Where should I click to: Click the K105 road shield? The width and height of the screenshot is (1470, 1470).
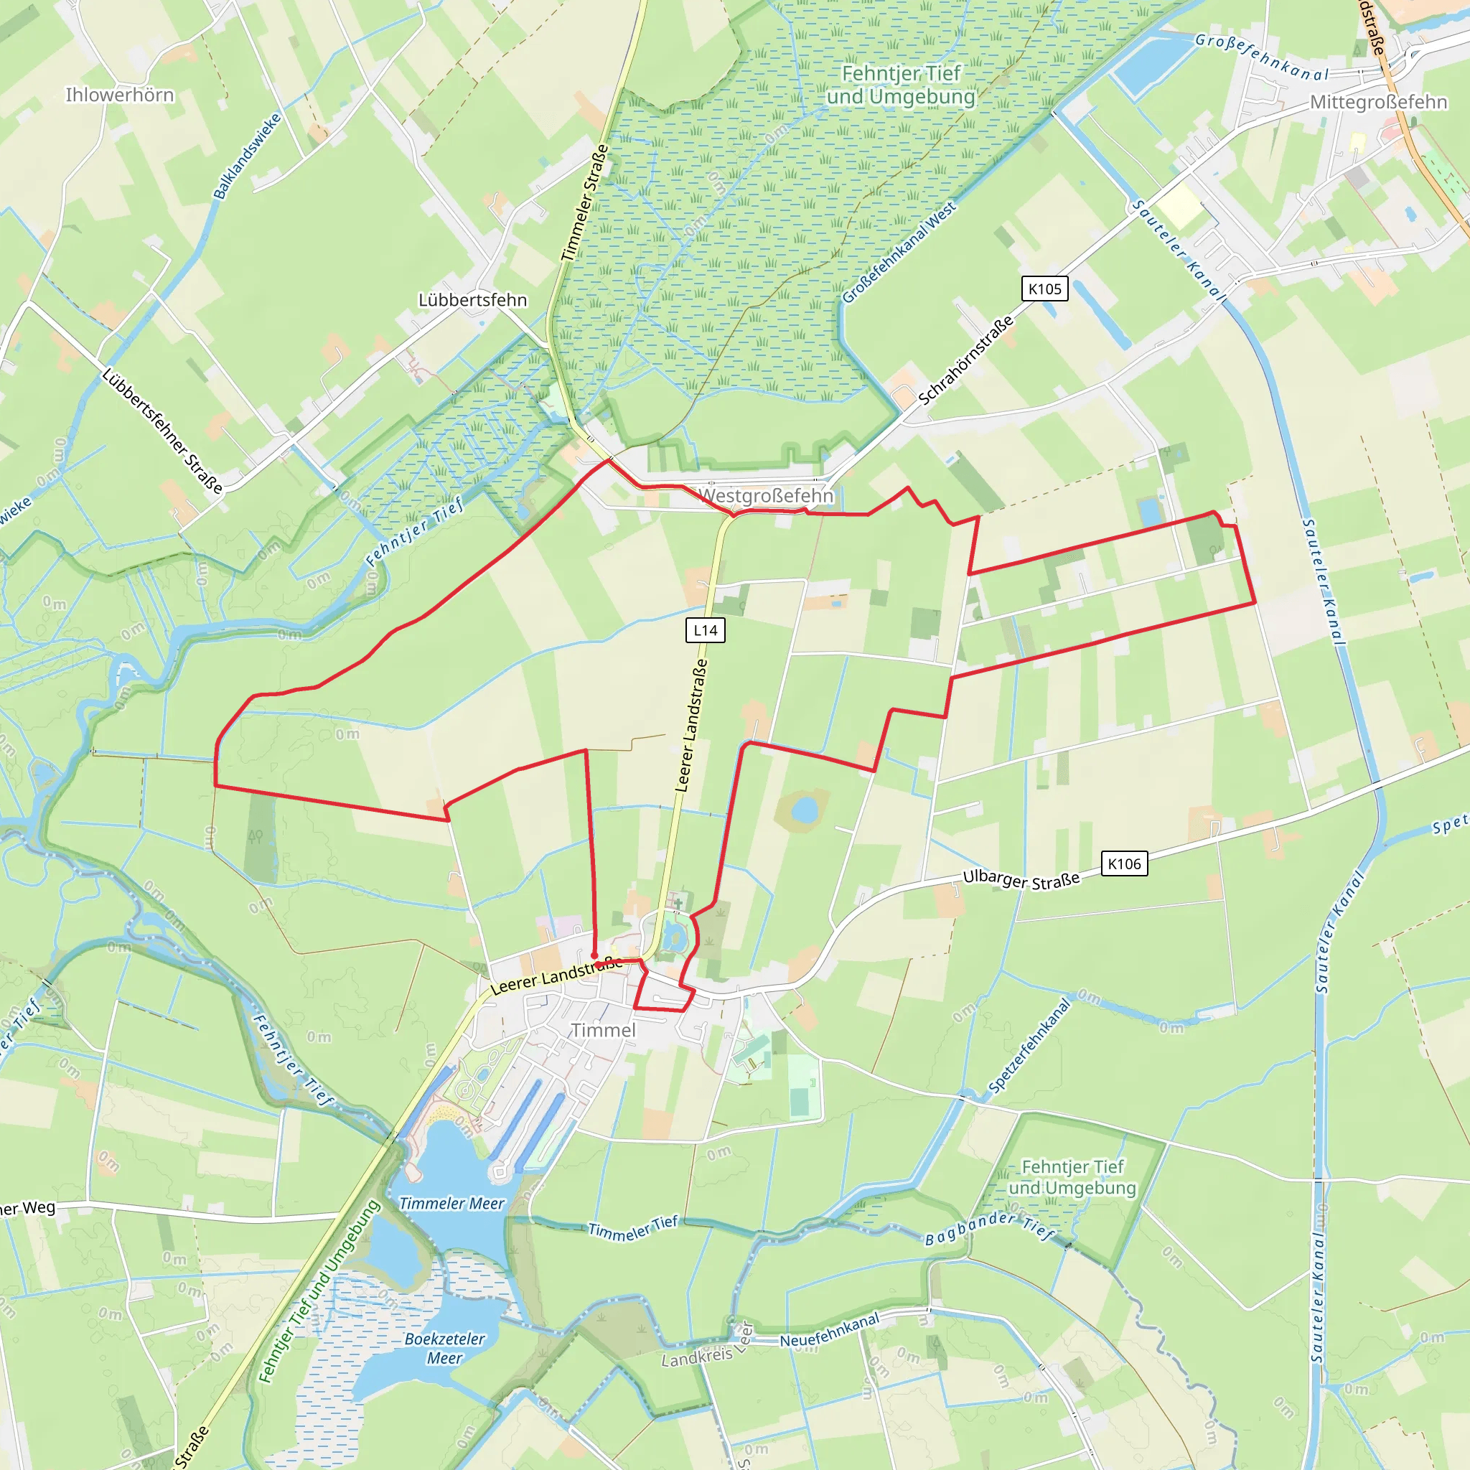1044,289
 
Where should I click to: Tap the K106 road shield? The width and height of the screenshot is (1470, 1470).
1124,863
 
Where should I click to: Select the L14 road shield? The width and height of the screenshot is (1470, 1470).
706,630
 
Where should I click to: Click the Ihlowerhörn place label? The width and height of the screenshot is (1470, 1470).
119,95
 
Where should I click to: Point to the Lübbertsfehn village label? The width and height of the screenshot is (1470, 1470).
472,300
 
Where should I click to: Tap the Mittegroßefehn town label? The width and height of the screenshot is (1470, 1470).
1378,102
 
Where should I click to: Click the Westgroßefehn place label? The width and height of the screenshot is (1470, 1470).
765,495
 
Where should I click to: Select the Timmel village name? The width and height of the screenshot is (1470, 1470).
603,1030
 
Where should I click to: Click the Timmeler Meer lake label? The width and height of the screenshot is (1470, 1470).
452,1203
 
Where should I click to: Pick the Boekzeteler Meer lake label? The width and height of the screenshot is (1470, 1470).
444,1348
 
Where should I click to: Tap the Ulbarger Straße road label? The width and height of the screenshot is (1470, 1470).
1021,879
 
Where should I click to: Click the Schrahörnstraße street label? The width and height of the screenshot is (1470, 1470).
965,360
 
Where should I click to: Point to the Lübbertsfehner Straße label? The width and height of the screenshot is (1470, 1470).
162,431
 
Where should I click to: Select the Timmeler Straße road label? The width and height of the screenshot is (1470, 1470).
584,203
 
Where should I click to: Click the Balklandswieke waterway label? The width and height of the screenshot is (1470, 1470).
248,156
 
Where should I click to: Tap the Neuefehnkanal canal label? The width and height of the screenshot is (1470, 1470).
829,1329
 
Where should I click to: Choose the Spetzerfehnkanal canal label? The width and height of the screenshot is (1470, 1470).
1029,1045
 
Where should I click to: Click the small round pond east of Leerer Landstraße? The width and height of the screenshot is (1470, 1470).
803,809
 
